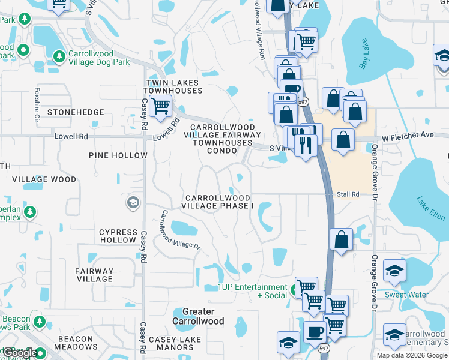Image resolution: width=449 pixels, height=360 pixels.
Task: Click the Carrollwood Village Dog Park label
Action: pos(99,57)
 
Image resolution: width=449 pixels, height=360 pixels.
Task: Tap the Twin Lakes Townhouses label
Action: pos(173,86)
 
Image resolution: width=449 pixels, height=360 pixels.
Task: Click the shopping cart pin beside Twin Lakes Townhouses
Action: pos(160,107)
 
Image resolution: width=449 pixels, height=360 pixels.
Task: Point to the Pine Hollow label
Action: pos(118,155)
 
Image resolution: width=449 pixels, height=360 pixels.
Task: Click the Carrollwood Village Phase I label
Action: pos(218,202)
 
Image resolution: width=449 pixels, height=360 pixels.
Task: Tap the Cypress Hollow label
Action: pos(118,236)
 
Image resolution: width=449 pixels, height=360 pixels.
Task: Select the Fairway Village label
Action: pos(95,275)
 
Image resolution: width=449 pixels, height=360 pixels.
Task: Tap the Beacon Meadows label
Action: pos(76,343)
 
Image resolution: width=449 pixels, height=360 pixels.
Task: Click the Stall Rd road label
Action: pos(348,194)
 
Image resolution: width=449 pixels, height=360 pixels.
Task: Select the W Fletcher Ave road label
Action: pos(407,136)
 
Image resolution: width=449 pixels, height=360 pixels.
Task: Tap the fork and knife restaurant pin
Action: pos(306,144)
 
